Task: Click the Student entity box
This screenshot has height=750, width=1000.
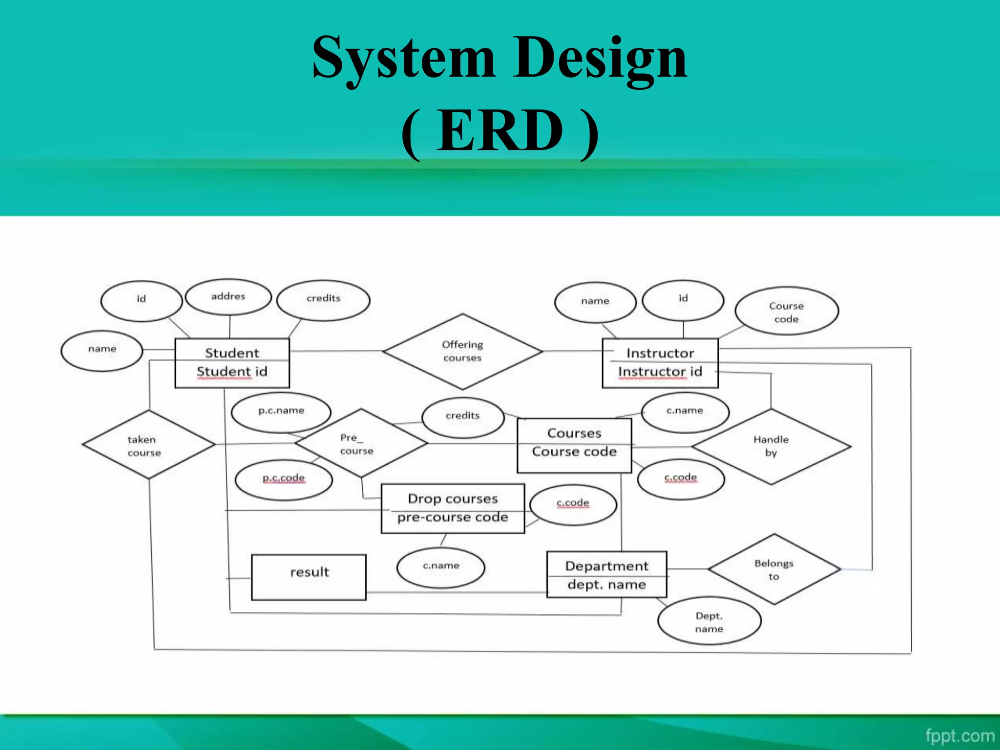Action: pos(232,363)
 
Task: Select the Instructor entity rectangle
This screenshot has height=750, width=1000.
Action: pos(660,363)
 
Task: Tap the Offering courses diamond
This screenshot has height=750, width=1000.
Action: pos(462,352)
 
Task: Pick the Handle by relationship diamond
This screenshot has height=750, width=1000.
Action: pos(771,446)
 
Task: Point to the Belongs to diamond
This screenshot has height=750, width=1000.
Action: pos(774,569)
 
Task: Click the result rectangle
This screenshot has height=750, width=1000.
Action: pos(309,577)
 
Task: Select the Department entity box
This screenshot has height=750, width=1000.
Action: pos(606,575)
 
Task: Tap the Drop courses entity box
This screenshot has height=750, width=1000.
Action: pos(453,508)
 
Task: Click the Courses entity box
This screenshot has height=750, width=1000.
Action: pos(574,445)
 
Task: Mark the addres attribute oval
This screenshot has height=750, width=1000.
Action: pos(228,297)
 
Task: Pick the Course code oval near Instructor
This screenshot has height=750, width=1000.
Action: pos(786,312)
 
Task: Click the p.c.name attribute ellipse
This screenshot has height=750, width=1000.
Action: pos(281,412)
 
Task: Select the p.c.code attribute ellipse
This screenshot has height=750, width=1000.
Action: pos(284,479)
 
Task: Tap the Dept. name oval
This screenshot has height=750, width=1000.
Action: pos(709,622)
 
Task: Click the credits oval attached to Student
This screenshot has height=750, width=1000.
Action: pos(323,299)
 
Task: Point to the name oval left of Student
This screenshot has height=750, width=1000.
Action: pos(102,350)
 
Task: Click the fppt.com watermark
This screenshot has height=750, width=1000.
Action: pos(959,735)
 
